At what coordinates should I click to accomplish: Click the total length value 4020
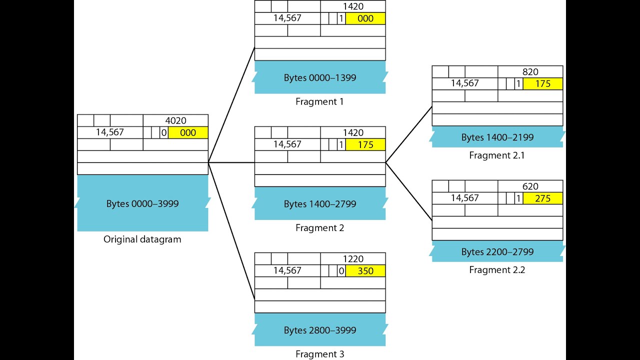(x=175, y=120)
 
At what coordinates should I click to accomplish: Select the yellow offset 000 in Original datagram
(x=188, y=133)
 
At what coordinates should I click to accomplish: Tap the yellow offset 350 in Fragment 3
(x=365, y=271)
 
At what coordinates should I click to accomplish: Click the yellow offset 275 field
(x=542, y=198)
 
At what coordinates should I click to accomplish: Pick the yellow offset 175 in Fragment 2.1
(x=542, y=84)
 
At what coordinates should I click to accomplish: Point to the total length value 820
(x=530, y=72)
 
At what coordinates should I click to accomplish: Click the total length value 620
(x=530, y=186)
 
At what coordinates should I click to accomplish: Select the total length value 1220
(x=353, y=259)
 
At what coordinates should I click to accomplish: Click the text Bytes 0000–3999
(x=142, y=204)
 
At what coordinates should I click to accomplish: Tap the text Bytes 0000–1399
(x=320, y=77)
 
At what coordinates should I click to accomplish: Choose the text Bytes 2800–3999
(x=320, y=330)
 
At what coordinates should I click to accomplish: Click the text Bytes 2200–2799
(x=497, y=252)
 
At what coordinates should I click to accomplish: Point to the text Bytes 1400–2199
(x=497, y=137)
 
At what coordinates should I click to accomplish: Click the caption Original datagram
(x=142, y=239)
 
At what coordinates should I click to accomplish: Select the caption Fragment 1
(x=320, y=101)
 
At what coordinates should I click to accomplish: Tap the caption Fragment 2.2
(x=497, y=270)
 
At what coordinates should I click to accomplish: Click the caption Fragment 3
(x=320, y=354)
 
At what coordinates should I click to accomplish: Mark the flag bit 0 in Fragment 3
(x=341, y=271)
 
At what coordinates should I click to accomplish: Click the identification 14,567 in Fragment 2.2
(x=465, y=198)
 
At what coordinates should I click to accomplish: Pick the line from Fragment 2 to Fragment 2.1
(x=408, y=134)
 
